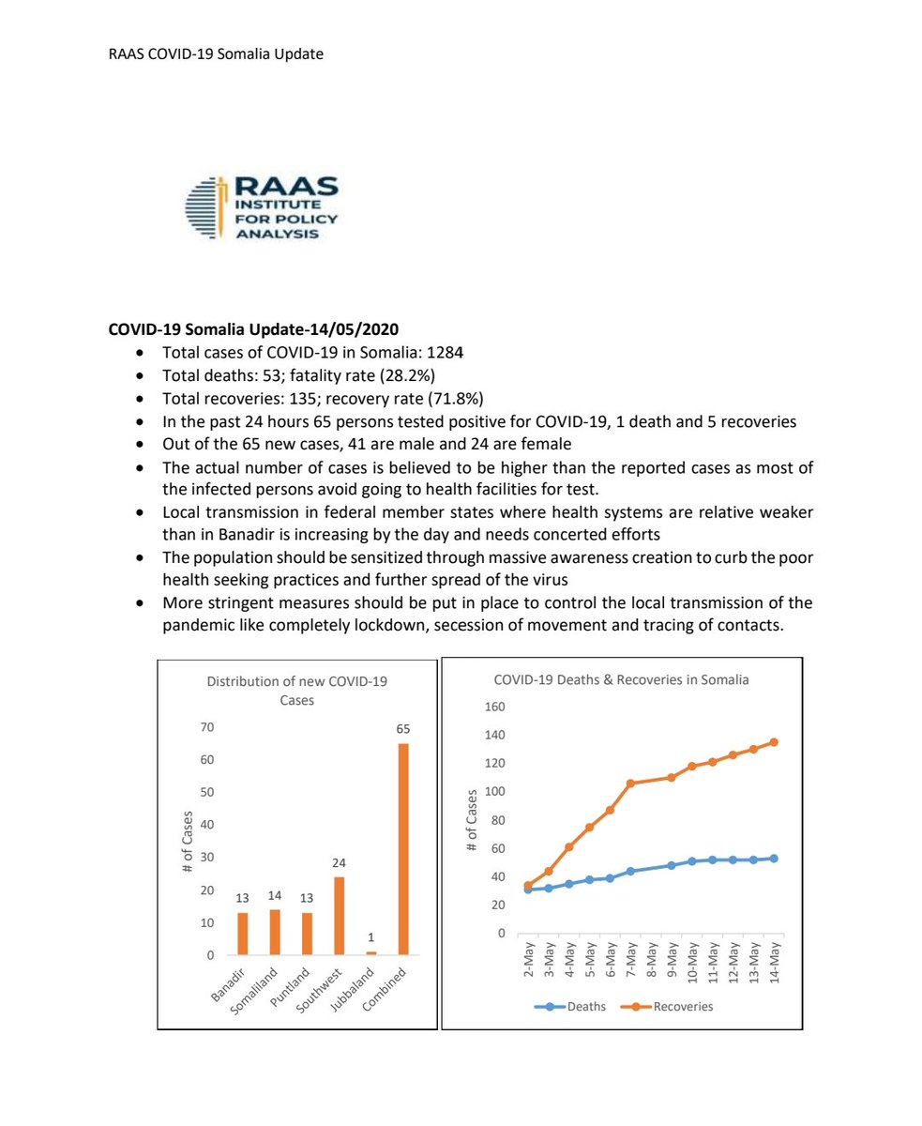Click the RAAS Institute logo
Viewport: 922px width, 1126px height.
[262, 208]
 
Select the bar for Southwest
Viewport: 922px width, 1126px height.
[339, 916]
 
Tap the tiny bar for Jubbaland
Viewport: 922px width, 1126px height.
[370, 953]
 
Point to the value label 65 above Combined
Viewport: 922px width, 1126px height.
[403, 729]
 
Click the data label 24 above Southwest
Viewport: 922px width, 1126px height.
[339, 862]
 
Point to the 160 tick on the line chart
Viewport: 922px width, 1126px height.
[494, 707]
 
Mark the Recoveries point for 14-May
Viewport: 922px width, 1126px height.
[774, 742]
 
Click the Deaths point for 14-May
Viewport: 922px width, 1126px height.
[774, 859]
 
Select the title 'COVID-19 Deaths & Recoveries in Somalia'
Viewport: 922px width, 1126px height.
[621, 679]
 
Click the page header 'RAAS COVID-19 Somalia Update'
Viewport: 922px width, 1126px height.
[216, 54]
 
